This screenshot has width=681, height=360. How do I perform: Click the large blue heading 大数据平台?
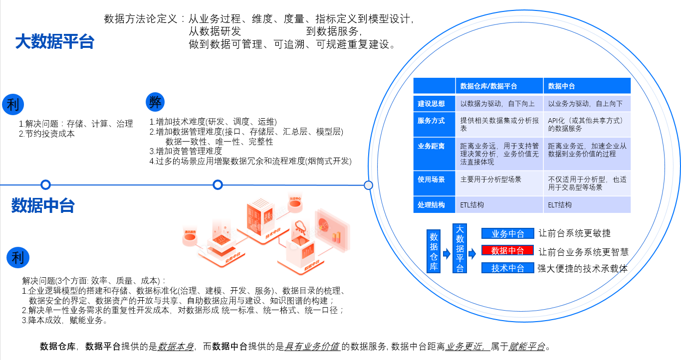(x=55, y=42)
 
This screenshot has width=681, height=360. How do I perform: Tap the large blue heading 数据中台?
(x=43, y=205)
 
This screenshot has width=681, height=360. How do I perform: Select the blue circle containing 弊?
(x=155, y=102)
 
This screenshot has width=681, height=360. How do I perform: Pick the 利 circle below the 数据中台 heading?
(x=18, y=258)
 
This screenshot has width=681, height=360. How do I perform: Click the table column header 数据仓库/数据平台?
(x=488, y=86)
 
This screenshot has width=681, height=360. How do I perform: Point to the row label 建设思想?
(x=432, y=104)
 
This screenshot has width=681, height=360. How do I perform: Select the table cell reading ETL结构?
(x=472, y=204)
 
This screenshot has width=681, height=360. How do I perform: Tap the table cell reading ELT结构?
(x=560, y=204)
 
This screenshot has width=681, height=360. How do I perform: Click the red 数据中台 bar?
(x=507, y=250)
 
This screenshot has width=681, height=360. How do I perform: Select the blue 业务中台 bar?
(x=507, y=233)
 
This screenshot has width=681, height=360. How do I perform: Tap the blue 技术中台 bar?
(x=507, y=268)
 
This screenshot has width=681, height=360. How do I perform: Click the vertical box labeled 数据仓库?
(x=434, y=251)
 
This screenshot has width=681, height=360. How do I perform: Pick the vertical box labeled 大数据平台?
(x=459, y=248)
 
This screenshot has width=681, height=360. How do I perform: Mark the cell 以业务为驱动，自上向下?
(x=586, y=104)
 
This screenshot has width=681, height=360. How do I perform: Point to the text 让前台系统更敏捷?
(x=574, y=233)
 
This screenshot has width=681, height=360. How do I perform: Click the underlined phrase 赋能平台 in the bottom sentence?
(x=527, y=347)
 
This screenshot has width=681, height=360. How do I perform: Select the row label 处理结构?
(x=432, y=204)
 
